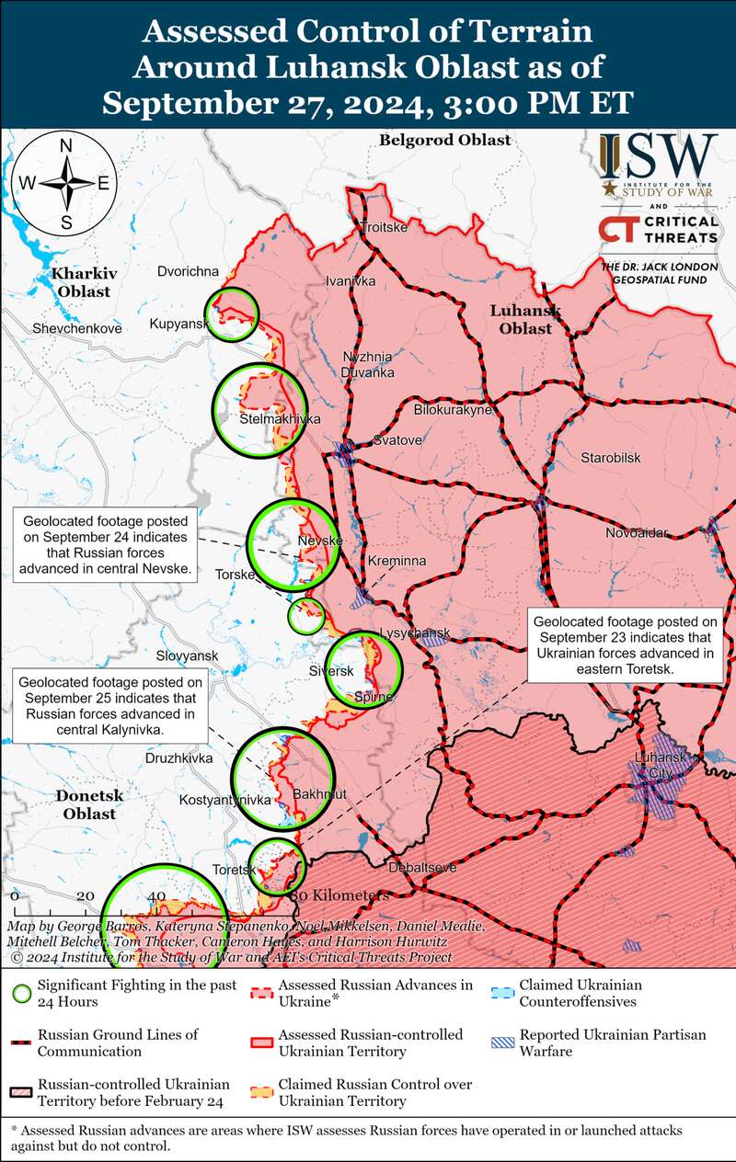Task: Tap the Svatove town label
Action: tap(397, 440)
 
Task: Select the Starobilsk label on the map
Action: tap(610, 457)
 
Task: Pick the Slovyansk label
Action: tap(187, 655)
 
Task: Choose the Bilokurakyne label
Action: tap(453, 409)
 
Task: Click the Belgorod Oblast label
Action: tap(444, 140)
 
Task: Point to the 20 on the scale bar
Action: tap(85, 896)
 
